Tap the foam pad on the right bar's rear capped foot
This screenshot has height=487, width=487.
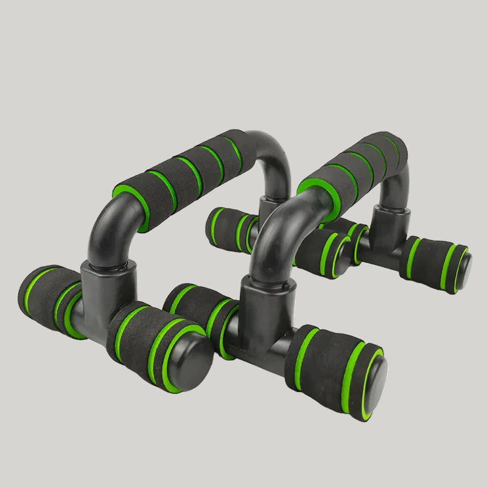tap(429, 262)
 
